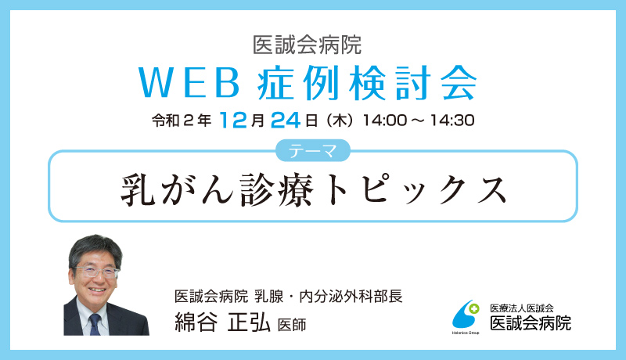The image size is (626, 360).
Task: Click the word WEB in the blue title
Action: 189,83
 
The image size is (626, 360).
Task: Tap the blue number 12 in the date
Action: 233,120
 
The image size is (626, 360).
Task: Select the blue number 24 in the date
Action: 286,120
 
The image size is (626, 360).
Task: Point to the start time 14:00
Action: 384,121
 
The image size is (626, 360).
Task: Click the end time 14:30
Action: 452,121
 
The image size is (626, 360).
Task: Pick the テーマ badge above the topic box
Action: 313,150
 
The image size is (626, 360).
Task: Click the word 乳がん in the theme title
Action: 177,189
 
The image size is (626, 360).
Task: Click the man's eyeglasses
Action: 96,272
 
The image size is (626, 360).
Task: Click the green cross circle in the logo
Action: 474,308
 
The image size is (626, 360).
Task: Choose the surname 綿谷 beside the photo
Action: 196,322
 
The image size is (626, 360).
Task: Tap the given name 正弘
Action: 249,322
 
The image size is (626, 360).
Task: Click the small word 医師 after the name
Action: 292,325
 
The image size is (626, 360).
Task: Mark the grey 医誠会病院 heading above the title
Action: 308,45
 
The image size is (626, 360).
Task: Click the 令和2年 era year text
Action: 182,121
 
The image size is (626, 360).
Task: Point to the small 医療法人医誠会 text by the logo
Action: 522,308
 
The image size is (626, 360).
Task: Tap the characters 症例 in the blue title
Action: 298,83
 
